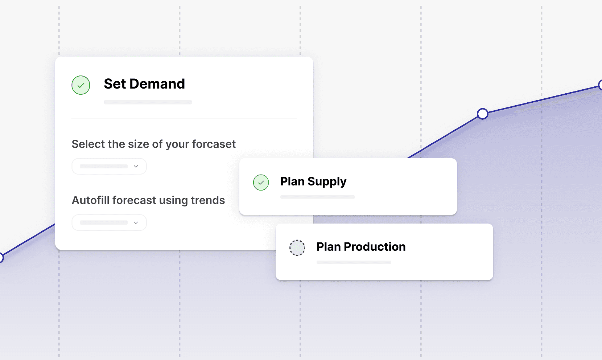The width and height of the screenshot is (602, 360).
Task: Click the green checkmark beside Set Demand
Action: coord(81,85)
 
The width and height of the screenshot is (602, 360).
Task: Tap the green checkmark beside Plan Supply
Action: coord(261,183)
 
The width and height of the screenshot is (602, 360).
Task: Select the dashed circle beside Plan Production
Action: coord(297,248)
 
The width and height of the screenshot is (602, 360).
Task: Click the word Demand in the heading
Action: coord(157,84)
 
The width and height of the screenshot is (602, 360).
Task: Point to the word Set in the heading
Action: coord(115,84)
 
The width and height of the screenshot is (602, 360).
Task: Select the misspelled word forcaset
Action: coord(214,144)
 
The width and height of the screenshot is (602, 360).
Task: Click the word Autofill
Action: coord(91,200)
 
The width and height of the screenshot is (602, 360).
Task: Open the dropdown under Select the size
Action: coord(109,167)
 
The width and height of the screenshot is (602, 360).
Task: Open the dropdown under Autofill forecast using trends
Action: coord(109,222)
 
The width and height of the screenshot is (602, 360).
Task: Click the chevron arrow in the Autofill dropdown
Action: coord(136,222)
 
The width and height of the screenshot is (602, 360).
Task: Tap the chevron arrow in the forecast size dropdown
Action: coord(136,167)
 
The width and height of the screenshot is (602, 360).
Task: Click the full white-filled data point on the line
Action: coord(483,114)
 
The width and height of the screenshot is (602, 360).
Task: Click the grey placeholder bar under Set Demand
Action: coord(148,102)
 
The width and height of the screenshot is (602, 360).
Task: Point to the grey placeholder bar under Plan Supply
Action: coord(317,197)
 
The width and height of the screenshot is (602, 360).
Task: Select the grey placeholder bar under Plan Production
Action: coord(354,262)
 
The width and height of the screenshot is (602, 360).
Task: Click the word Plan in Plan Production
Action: coord(329,247)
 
